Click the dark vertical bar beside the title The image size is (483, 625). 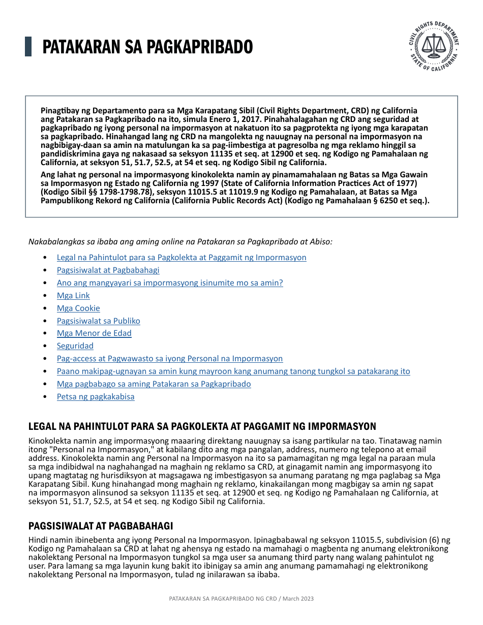tap(28, 47)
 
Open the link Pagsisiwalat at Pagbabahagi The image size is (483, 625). tap(108, 270)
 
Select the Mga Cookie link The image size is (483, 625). tap(78, 308)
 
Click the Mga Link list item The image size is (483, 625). tap(73, 295)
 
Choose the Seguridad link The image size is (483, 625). tap(75, 346)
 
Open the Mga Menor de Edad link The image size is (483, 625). tap(94, 333)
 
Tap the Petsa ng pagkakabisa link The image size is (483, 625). tap(96, 396)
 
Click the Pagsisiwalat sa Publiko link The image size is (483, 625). tap(98, 321)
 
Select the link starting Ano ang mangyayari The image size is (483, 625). tap(170, 283)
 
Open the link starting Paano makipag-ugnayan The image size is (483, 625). tap(233, 371)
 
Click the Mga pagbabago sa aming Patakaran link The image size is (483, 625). tap(154, 384)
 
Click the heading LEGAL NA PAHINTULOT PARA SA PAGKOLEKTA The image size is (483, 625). tap(202, 426)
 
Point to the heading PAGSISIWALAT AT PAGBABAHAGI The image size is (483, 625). tap(101, 526)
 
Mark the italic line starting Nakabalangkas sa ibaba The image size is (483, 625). tap(180, 241)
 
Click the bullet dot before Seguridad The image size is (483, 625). tap(46, 346)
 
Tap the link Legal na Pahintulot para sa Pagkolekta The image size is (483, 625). tap(182, 257)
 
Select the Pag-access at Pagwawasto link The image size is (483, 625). tap(170, 358)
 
